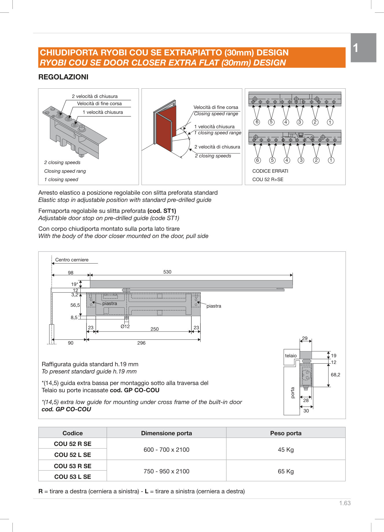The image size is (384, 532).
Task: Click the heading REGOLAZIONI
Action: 63,77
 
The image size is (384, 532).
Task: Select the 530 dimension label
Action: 167,272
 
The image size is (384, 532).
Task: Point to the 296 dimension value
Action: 141,343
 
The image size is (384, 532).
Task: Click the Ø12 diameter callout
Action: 125,326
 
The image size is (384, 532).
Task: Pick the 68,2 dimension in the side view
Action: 335,375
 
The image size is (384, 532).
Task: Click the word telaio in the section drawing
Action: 291,356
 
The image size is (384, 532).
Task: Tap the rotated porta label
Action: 293,393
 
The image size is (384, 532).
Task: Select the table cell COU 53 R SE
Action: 73,466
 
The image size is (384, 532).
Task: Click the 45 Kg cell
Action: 286,450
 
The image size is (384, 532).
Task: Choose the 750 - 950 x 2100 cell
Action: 167,471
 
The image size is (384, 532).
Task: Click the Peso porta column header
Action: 286,433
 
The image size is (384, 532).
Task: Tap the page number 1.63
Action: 345,503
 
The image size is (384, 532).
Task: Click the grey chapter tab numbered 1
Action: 363,48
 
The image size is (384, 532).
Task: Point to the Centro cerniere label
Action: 72,260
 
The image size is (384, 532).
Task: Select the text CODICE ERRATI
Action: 270,171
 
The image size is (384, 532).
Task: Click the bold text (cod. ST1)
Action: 162,211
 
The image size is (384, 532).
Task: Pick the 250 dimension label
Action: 155,329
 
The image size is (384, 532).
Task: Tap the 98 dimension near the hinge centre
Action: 71,273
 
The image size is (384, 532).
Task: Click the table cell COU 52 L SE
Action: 73,455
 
